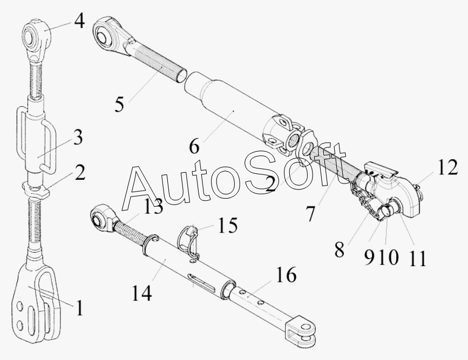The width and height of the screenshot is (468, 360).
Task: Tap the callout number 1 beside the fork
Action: pyautogui.click(x=79, y=309)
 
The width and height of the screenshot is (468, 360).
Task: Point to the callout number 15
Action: pyautogui.click(x=228, y=226)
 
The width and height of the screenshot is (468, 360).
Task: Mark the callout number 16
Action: pyautogui.click(x=287, y=275)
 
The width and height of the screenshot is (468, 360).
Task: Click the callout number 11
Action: pyautogui.click(x=416, y=258)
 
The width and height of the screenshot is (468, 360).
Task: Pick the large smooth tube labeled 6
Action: pyautogui.click(x=227, y=103)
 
